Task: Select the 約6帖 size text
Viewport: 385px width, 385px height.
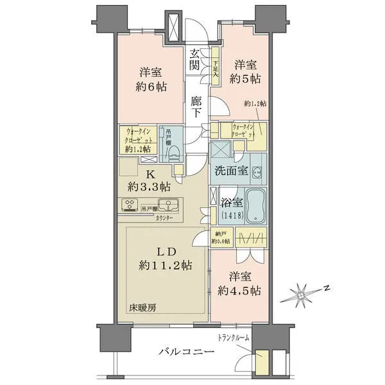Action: click(x=151, y=87)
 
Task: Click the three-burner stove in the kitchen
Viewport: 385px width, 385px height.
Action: click(x=130, y=206)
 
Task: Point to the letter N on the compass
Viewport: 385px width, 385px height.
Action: click(x=326, y=288)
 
